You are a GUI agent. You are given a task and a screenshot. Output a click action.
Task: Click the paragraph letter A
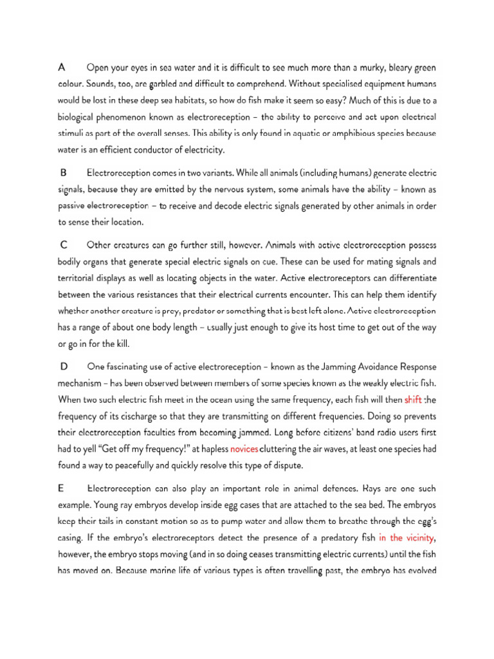tap(62, 67)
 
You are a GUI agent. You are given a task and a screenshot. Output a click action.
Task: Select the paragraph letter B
tap(64, 172)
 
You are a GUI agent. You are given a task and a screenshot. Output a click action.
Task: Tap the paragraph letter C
tap(64, 245)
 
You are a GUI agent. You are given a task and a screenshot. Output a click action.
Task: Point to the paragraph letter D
tap(64, 366)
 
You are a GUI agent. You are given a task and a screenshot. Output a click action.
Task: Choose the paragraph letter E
tap(62, 488)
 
